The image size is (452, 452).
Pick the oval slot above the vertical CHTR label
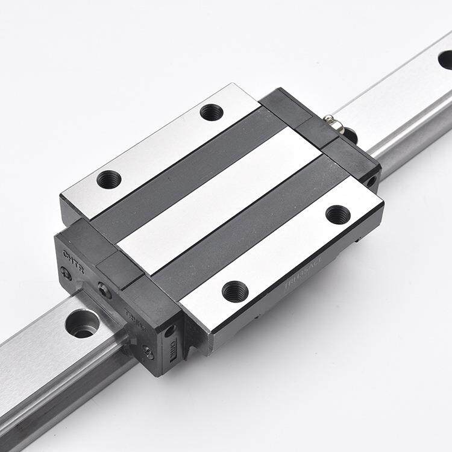[x=171, y=329]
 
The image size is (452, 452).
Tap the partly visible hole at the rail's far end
[x=444, y=59]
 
